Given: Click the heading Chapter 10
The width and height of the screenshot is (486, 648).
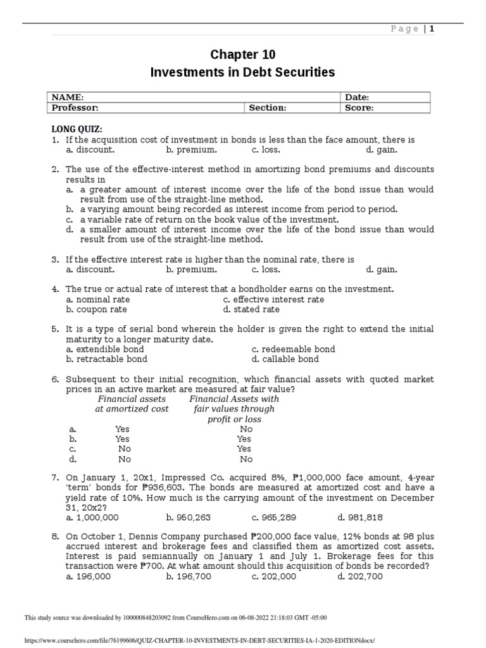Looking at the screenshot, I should coord(242,54).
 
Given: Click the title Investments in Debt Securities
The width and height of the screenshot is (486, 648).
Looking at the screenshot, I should coord(242,73).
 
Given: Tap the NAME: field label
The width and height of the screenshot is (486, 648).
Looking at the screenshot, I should coord(67,97).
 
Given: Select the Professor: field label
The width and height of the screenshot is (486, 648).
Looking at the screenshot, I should coord(75,108).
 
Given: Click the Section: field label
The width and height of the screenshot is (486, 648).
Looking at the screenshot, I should coord(267,108).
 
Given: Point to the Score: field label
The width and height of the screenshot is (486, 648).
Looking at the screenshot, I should coord(359,108).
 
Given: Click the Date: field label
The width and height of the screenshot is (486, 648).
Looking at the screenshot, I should coord(357,97).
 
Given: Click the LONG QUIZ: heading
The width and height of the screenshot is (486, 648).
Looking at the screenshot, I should coord(77,129).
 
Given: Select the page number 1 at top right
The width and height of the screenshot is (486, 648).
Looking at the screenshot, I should coord(433,28).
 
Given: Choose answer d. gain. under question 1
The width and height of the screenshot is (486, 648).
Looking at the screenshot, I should coord(382,150).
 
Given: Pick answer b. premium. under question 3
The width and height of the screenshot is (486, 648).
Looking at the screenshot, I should coord(191,269).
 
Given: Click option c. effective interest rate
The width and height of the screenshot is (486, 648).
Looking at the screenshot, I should coord(273,299).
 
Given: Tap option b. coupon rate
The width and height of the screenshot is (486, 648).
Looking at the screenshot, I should coord(96,309).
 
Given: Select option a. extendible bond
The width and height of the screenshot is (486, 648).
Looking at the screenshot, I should coord(104,349).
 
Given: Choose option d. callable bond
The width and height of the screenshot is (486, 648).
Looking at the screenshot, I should coord(285,359).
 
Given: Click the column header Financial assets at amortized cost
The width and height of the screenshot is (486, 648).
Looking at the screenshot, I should coord(132,404).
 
